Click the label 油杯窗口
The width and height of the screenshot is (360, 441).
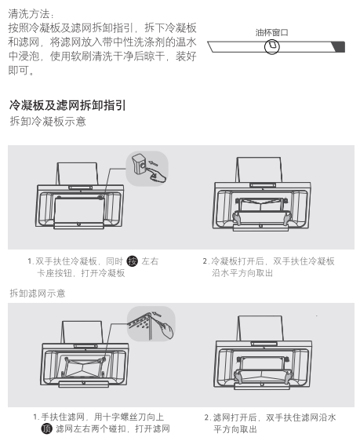point(271,33)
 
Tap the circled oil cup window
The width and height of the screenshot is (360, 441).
point(271,46)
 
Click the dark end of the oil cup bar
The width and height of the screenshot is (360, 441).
point(339,46)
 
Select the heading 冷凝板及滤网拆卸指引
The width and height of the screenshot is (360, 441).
point(67,105)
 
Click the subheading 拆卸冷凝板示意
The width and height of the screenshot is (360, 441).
point(48,122)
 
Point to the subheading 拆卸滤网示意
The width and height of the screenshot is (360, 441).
point(38,293)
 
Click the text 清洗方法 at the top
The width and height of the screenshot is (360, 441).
point(31,13)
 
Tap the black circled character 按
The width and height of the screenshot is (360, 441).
point(132,261)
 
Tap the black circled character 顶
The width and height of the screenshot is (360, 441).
point(47,428)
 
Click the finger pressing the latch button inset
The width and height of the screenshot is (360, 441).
point(158,175)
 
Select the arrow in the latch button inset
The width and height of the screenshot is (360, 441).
point(154,163)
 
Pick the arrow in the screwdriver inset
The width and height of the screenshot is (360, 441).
point(157,314)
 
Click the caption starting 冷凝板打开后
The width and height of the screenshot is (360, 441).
point(269,267)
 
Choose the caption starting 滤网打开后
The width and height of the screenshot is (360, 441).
point(270,423)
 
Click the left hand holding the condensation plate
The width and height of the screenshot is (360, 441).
point(237,217)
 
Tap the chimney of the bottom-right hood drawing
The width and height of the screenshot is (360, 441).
point(260,328)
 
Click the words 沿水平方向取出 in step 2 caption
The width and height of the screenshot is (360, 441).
point(242,273)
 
